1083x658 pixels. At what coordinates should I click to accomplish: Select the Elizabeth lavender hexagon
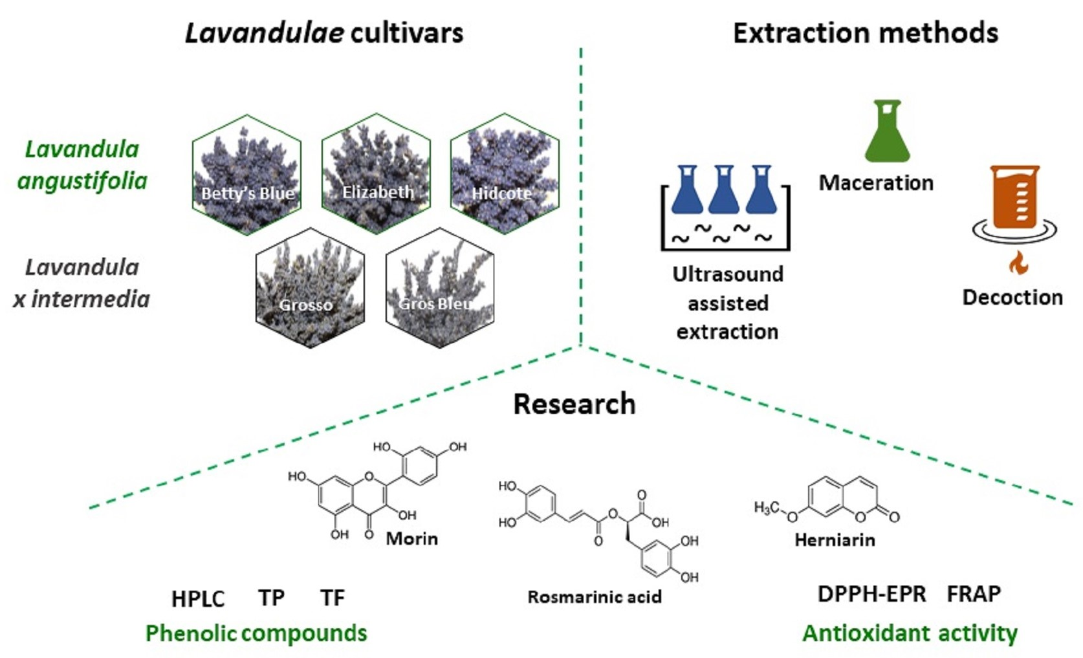coord(376,173)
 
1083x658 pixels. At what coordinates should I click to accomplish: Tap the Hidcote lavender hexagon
coord(505,173)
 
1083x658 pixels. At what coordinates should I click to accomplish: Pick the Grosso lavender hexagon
coord(310,288)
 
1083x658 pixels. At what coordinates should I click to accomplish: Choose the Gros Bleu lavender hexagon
coord(440,288)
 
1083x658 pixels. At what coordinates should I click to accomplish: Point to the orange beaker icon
coord(1014,197)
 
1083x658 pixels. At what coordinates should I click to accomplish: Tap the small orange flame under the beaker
coord(1018,263)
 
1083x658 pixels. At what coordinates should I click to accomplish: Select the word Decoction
coord(1012,298)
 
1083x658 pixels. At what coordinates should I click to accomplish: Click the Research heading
coord(574,404)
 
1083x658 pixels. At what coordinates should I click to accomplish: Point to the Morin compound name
coord(411,539)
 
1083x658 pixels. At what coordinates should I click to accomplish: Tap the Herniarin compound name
coord(835,540)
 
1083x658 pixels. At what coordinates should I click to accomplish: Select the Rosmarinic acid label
coord(595,597)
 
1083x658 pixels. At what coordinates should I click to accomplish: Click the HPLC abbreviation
coord(198,599)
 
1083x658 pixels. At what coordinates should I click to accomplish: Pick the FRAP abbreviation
coord(974,594)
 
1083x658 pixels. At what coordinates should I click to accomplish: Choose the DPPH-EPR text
coord(871,594)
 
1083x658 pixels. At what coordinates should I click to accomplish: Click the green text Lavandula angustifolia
coord(82,165)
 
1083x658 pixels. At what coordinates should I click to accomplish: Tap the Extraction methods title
coord(865,33)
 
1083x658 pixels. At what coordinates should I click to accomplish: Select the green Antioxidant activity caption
coord(910,633)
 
